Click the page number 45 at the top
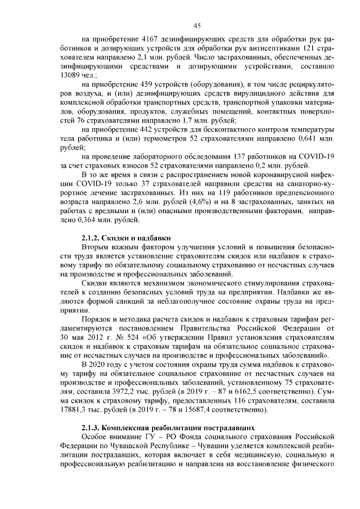(x=197, y=25)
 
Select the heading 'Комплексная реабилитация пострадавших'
(x=174, y=428)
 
